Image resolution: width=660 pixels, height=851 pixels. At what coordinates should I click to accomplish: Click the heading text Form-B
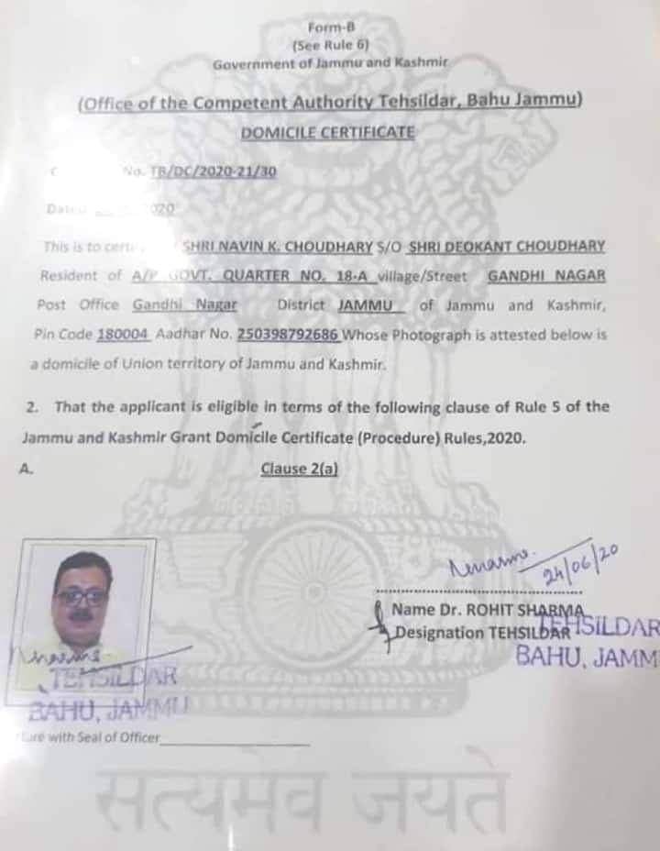(325, 27)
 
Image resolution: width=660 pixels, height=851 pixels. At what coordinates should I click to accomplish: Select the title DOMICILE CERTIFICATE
(327, 133)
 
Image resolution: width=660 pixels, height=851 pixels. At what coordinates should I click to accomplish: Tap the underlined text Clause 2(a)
(300, 469)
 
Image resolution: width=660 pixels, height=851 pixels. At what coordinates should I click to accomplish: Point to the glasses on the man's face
(82, 596)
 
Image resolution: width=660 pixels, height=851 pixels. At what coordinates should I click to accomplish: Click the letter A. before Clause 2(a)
(27, 469)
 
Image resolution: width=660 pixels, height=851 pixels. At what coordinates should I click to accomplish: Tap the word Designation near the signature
(439, 632)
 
